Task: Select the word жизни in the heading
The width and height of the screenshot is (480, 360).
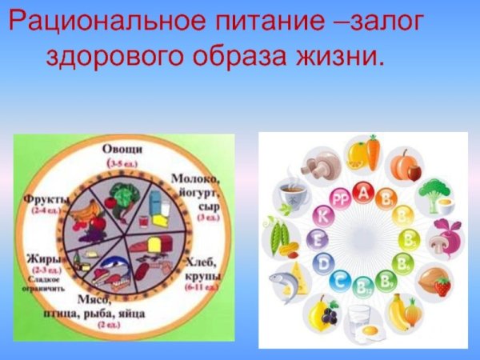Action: point(341,57)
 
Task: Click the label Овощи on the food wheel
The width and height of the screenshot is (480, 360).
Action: point(123,150)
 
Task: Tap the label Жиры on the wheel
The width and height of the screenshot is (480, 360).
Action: point(38,258)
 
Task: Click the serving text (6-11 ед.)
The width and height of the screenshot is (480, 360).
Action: point(203,286)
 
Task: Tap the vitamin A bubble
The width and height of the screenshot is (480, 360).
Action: point(365,192)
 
